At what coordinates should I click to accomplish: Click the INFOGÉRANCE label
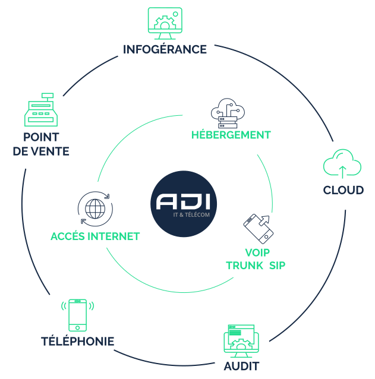coord(165,49)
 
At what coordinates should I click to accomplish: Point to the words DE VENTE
coord(41,151)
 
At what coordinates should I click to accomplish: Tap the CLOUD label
coord(343,191)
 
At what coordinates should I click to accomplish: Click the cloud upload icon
coord(342,163)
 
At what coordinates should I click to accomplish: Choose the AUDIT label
coord(241,366)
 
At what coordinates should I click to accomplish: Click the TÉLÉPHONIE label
coord(77,342)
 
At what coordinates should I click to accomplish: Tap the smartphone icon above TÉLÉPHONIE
coord(77,315)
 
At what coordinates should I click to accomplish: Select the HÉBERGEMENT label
coord(231,135)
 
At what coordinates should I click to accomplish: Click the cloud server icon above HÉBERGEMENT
coord(228,112)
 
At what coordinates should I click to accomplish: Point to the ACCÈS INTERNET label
coord(95,236)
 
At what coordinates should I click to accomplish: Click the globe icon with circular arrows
coord(94,209)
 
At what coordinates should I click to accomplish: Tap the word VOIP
coord(256,251)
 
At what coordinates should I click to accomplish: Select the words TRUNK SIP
coord(256,266)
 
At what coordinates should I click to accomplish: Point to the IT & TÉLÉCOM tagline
coord(192,214)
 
